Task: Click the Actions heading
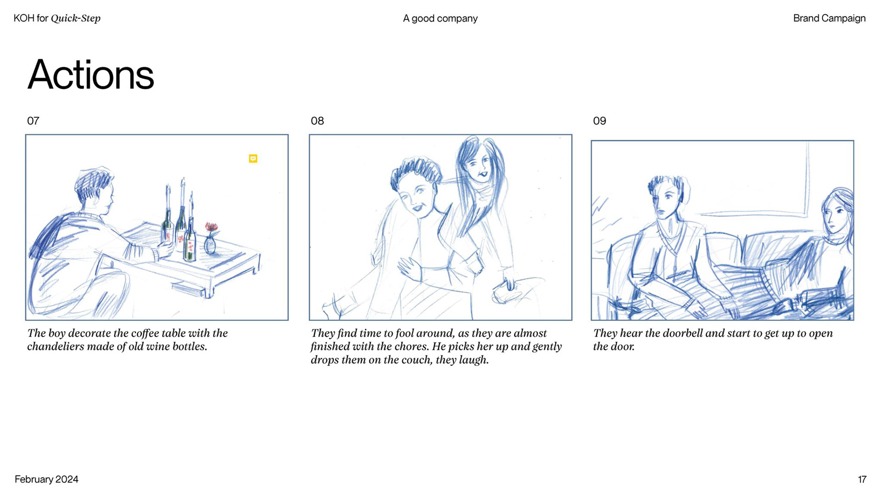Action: point(90,75)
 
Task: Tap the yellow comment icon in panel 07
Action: point(253,158)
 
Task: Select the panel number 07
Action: point(33,121)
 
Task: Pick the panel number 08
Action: point(317,121)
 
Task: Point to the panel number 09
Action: point(599,121)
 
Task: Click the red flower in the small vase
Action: point(211,227)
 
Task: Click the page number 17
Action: point(862,479)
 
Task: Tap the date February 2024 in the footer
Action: point(46,479)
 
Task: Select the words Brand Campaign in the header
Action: point(829,18)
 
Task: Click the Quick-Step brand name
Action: point(76,18)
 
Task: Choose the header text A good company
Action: point(440,18)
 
